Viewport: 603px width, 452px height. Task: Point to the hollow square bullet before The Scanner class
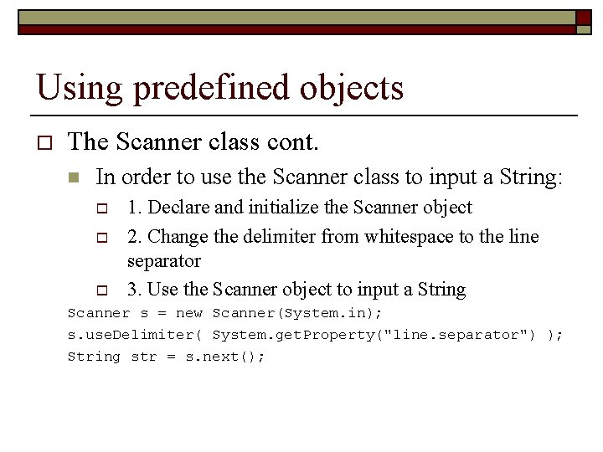(45, 142)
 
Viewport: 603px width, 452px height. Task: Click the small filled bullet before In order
(74, 177)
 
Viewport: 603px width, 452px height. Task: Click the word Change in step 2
(177, 237)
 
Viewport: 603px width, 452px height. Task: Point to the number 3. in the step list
(134, 290)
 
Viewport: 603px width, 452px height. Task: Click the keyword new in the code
(189, 313)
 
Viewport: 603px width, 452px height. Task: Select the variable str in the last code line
(143, 357)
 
